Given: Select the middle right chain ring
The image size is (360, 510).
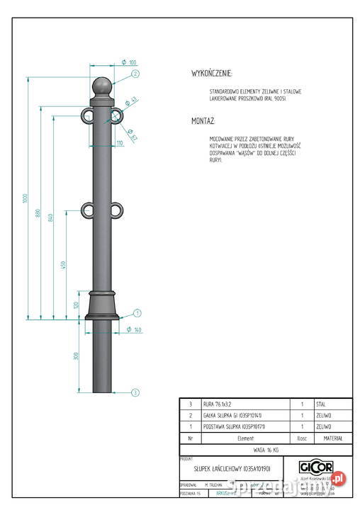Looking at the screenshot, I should coord(118,210).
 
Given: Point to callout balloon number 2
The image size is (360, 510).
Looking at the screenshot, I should coord(135,73).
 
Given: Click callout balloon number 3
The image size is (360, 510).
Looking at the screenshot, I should coord(135,391).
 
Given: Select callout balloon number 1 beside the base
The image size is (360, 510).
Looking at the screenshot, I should coord(137,312).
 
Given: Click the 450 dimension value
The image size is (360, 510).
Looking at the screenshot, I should coord(63,265).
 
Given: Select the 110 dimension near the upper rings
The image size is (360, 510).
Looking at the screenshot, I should coord(118,144).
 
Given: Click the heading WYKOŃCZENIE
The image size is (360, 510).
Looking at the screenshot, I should coord(211,74).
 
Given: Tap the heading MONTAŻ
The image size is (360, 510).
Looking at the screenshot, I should coord(203,122).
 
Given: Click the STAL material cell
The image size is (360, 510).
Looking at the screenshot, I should coord(321,404).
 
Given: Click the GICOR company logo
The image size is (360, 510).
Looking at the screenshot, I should coord(316,468).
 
